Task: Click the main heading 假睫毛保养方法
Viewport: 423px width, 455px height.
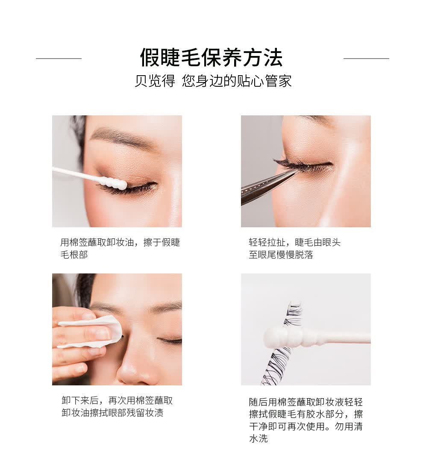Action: click(211, 57)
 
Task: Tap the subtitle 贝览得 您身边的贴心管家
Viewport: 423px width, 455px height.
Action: click(213, 81)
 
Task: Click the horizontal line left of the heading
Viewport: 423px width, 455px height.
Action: click(59, 59)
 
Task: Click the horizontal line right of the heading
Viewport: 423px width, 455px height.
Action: click(366, 59)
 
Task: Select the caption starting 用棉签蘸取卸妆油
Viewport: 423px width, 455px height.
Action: click(120, 248)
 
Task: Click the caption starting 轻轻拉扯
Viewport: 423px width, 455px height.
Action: click(294, 248)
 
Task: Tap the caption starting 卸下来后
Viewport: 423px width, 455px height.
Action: click(117, 406)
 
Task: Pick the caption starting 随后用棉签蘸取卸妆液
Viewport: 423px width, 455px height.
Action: click(306, 420)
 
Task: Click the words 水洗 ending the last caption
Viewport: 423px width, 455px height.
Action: click(258, 438)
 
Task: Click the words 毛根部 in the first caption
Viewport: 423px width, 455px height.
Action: click(74, 255)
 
